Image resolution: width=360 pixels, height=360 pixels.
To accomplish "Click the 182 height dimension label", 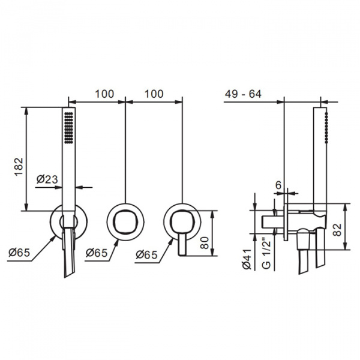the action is pos(19,167).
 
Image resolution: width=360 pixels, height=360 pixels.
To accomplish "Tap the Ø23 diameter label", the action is pos(47,179).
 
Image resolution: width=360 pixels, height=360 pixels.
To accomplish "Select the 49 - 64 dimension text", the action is pos(243,94).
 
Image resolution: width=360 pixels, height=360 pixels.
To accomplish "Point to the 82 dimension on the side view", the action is pos(337,230).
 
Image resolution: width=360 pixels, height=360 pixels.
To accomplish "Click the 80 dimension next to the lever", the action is pos(205,242).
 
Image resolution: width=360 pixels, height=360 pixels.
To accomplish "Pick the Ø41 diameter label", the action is pos(247,259).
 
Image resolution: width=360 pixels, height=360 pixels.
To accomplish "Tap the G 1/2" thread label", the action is pos(266,254).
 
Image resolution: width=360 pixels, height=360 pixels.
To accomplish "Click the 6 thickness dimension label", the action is pos(278,185).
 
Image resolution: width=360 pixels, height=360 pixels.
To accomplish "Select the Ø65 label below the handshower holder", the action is pos(19,253).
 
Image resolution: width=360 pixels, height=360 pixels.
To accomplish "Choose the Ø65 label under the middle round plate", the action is pos(97,253).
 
